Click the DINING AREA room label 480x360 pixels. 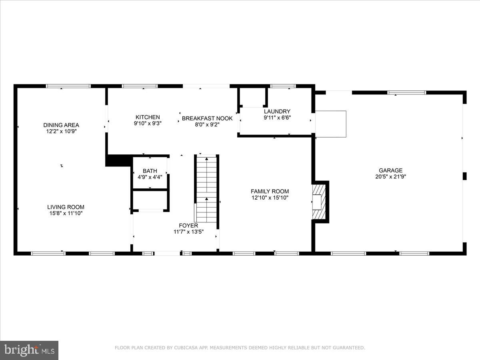pos(61,125)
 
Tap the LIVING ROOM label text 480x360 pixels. pos(66,207)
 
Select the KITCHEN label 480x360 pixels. pos(148,117)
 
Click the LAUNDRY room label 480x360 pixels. pos(277,111)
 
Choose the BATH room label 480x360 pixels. pos(150,171)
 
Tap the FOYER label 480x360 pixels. pos(188,226)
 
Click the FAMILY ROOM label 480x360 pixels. pos(270,191)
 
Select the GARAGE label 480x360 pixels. pos(391,170)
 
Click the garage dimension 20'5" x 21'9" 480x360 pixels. pos(391,176)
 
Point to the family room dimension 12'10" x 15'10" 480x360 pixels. pos(270,197)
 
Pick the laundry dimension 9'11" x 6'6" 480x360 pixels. pos(277,118)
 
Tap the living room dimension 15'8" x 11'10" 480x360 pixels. pos(66,213)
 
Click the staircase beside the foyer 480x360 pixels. pos(206,188)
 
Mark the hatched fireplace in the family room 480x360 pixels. pos(320,202)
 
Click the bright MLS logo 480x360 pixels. pos(29,350)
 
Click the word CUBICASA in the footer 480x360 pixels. pos(184,348)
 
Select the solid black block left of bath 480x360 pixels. pos(118,161)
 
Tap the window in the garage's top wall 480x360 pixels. pos(406,93)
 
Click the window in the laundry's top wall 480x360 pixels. pos(283,86)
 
